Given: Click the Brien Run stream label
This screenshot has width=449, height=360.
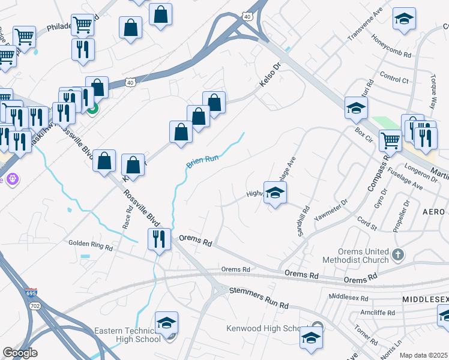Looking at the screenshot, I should coord(202,160).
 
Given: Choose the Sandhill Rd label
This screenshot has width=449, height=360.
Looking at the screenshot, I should coord(303,221).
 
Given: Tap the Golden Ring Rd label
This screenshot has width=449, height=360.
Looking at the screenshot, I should coord(91,246).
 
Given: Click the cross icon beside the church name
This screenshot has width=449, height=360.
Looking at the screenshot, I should coord(397,256).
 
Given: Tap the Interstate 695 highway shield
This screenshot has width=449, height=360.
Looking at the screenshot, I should coord(31,293).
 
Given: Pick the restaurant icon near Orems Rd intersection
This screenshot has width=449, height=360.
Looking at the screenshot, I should coord(159,239).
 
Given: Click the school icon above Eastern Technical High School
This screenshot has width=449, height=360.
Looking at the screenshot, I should coord(166,322).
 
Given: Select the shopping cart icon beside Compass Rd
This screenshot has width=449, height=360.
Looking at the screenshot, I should coord(391,141).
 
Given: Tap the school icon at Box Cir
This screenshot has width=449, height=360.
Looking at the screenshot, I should coord(356,108).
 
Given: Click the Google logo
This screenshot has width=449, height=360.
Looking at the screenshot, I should coord(20,353).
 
